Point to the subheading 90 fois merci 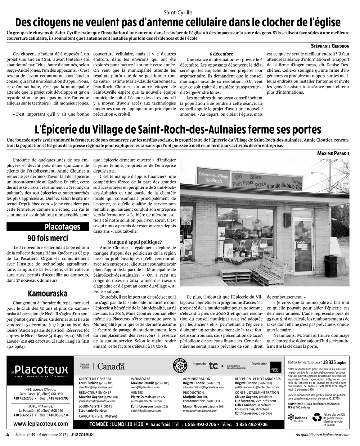(48, 238)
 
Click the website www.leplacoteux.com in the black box (40, 424)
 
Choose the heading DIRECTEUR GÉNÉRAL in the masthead (95, 379)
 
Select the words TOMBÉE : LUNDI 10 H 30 (117, 424)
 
